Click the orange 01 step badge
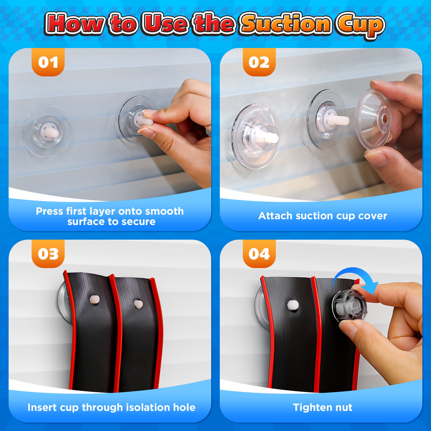pyautogui.click(x=48, y=62)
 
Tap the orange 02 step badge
pyautogui.click(x=259, y=62)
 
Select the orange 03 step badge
pyautogui.click(x=48, y=254)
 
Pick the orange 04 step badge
pyautogui.click(x=259, y=254)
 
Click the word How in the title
pyautogui.click(x=75, y=24)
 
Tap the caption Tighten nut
pyautogui.click(x=322, y=407)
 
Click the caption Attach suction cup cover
pyautogui.click(x=323, y=216)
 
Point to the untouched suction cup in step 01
pyautogui.click(x=47, y=131)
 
